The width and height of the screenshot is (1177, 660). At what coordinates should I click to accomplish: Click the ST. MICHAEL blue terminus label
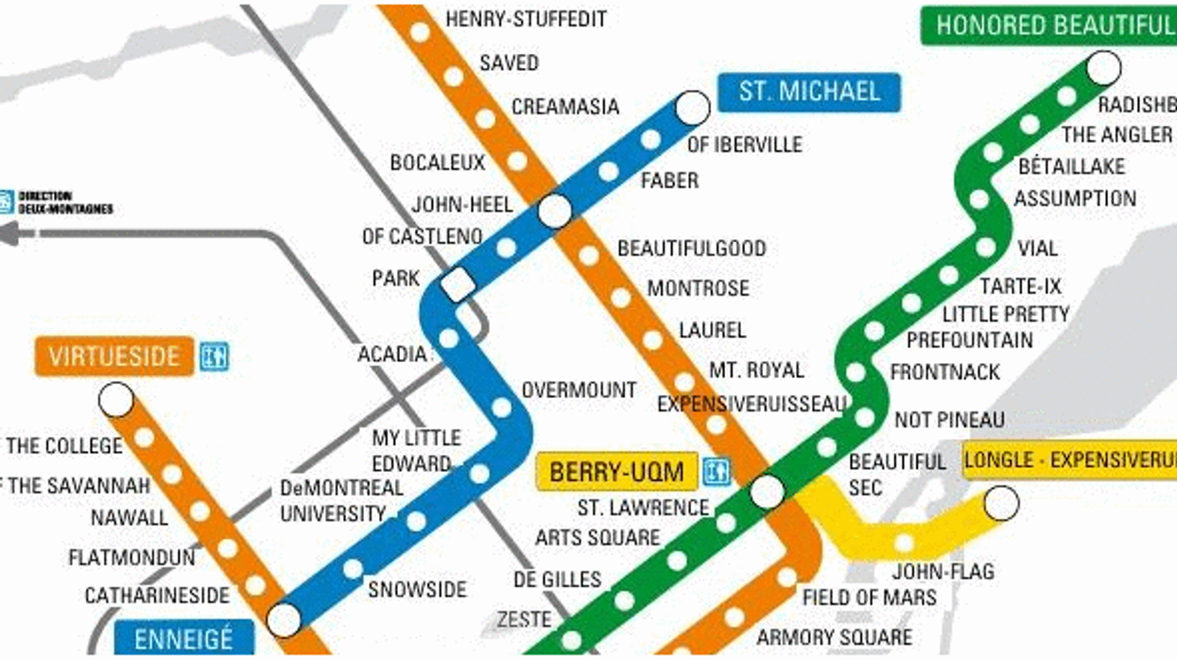point(808,92)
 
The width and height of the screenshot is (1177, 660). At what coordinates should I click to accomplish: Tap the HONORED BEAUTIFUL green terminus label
point(1049,25)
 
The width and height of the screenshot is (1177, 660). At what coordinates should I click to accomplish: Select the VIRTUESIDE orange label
point(114,356)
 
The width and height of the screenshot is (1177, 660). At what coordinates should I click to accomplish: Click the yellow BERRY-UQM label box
point(616,472)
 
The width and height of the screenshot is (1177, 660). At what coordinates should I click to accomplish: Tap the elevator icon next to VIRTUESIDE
point(215,356)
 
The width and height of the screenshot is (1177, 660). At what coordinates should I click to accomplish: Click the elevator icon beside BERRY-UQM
point(717,472)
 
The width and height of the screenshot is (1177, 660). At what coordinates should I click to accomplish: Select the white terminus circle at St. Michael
point(692,108)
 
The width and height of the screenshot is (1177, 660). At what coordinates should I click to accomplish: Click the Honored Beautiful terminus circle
point(1103,68)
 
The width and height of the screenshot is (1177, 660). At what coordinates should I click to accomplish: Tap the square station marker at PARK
point(459,285)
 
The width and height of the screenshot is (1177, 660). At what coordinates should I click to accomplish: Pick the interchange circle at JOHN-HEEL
point(555,211)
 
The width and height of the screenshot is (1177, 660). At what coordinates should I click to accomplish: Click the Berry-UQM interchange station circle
point(767,492)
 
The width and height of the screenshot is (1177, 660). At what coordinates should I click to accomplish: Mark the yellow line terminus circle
point(1001,504)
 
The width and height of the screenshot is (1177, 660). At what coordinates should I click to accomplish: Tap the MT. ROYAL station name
point(756,370)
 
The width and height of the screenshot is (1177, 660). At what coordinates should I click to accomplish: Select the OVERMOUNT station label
point(579,390)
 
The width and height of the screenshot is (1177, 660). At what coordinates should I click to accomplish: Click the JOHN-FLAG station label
point(929,571)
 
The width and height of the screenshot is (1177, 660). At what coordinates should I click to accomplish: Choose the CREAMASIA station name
point(565,106)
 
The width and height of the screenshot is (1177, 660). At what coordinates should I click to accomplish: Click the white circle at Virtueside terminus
point(116,400)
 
